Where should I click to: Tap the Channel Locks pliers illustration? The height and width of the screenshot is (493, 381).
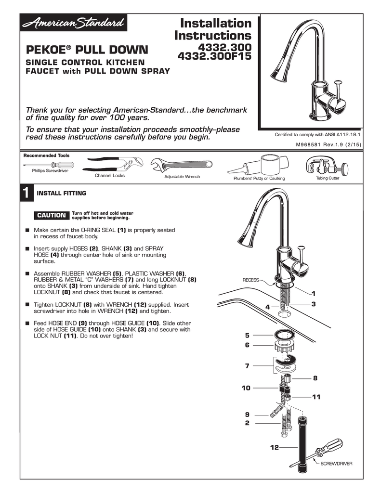coord(112,164)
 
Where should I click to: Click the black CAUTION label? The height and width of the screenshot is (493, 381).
coord(52,215)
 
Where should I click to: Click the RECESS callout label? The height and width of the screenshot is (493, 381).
coord(251,280)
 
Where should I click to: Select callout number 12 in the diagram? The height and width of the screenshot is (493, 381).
coord(274,447)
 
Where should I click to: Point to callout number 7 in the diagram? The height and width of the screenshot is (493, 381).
coord(247,366)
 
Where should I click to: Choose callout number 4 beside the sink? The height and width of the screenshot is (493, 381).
coord(268,307)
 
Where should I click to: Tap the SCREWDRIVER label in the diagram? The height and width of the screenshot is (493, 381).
coord(336,464)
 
